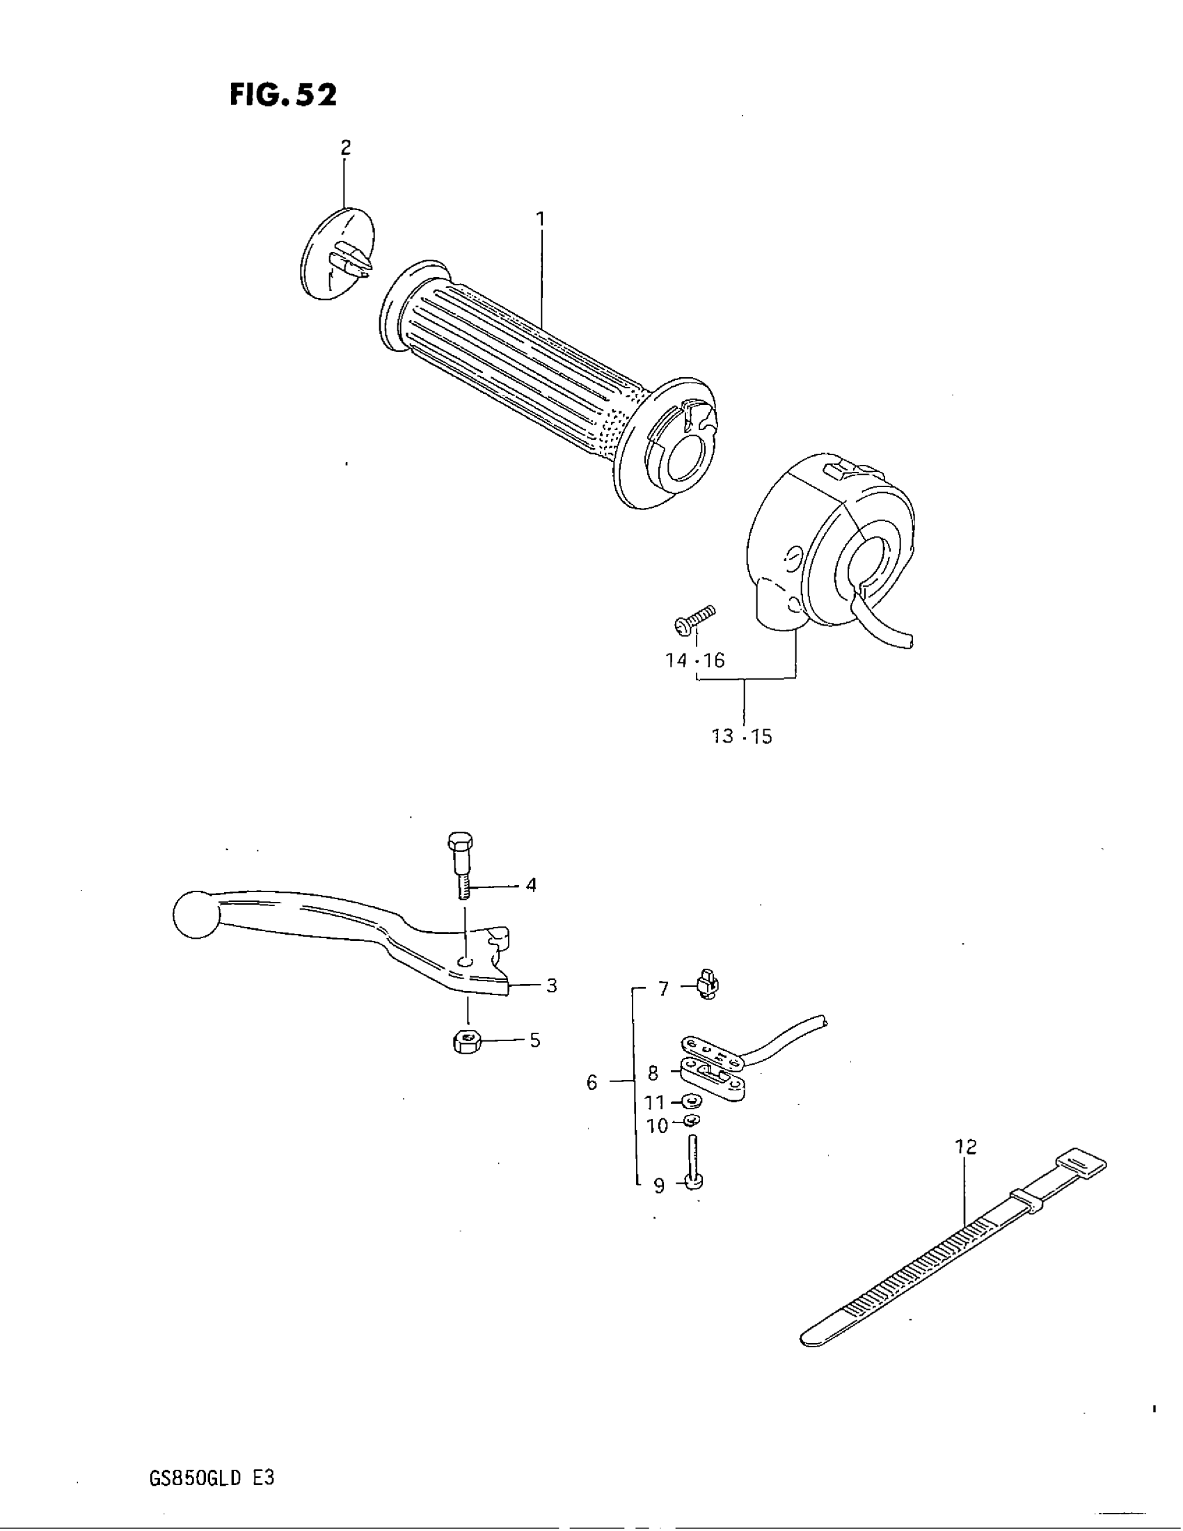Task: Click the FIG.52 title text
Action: pyautogui.click(x=283, y=95)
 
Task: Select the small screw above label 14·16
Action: pyautogui.click(x=694, y=619)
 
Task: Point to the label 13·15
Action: pyautogui.click(x=742, y=737)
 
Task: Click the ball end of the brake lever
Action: pyautogui.click(x=196, y=914)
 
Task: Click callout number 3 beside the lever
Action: pyautogui.click(x=552, y=985)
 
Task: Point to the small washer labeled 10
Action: pyautogui.click(x=692, y=1122)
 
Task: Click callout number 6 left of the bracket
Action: pyautogui.click(x=592, y=1083)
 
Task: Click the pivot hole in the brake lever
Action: pyautogui.click(x=463, y=960)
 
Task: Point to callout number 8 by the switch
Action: pyautogui.click(x=653, y=1073)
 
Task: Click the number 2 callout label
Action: pyautogui.click(x=344, y=148)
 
